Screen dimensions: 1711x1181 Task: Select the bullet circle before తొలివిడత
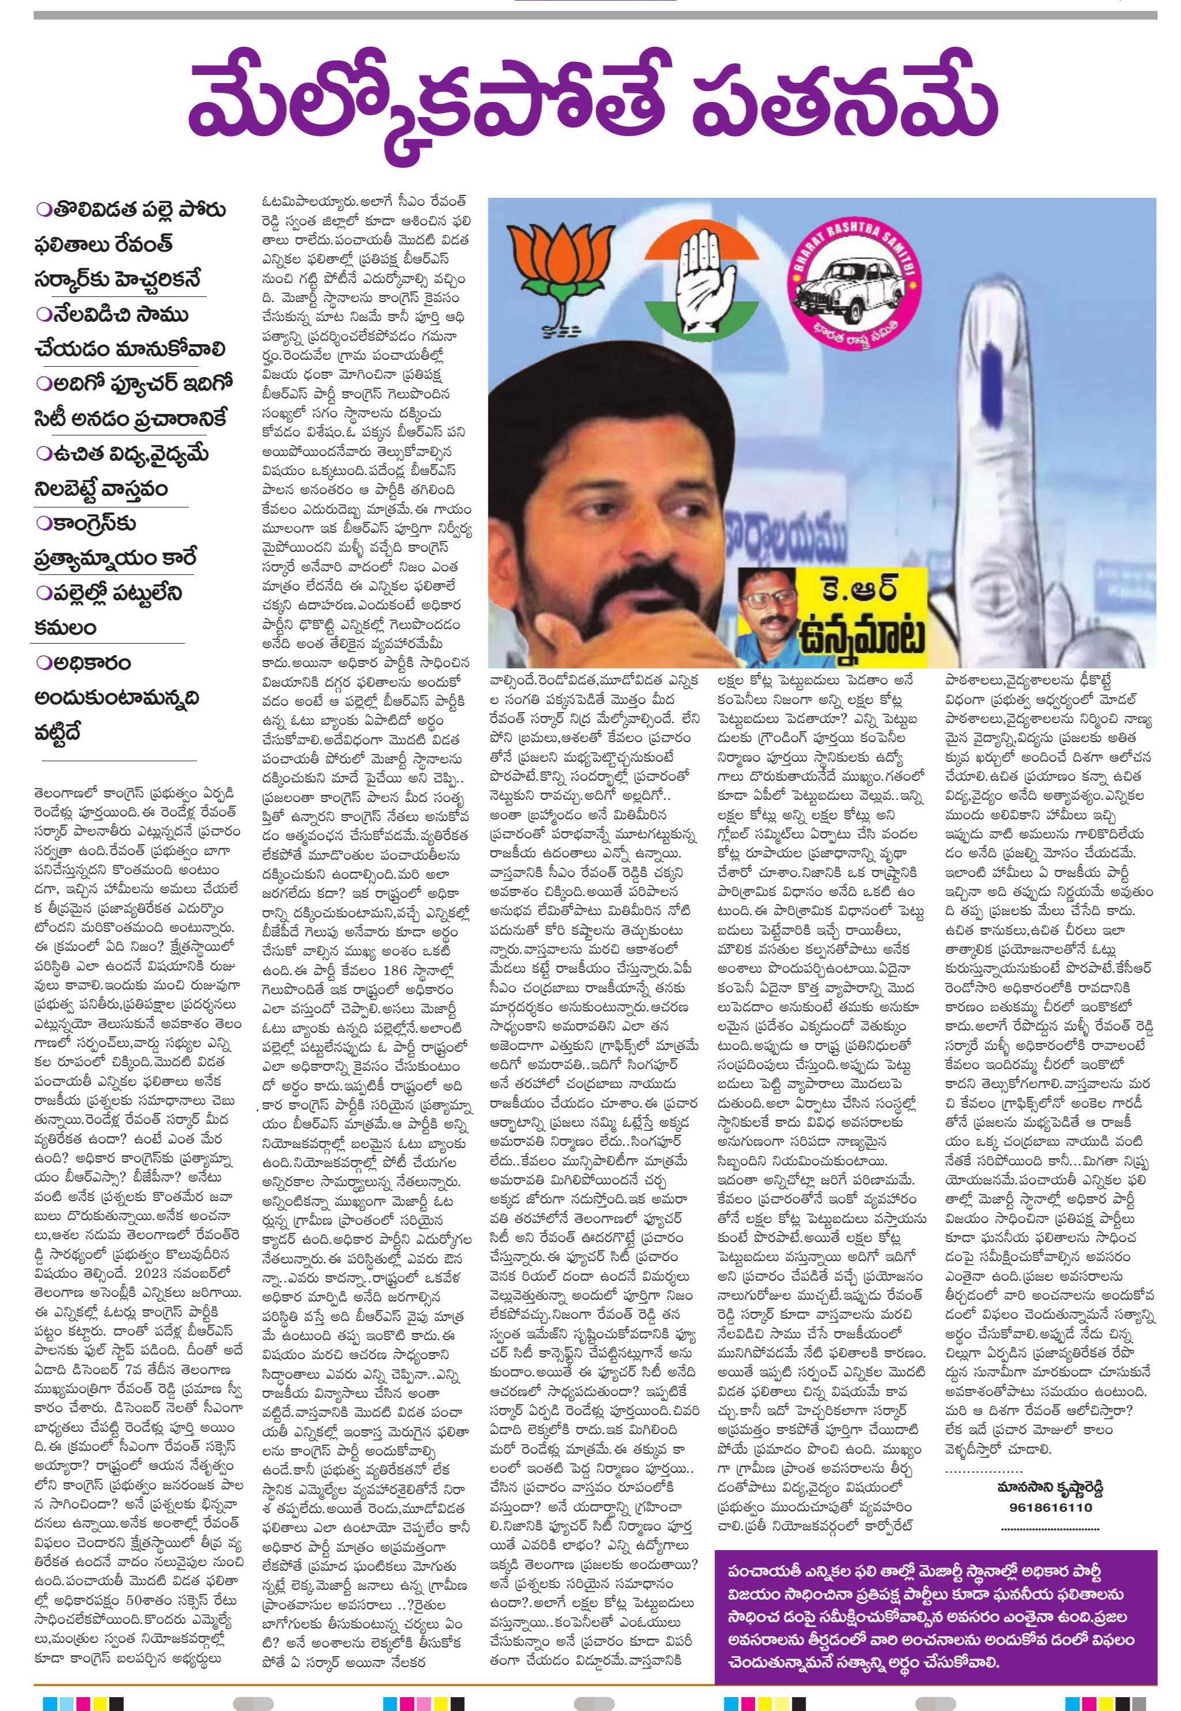[x=42, y=211]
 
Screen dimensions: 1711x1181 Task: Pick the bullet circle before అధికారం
[x=42, y=663]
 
